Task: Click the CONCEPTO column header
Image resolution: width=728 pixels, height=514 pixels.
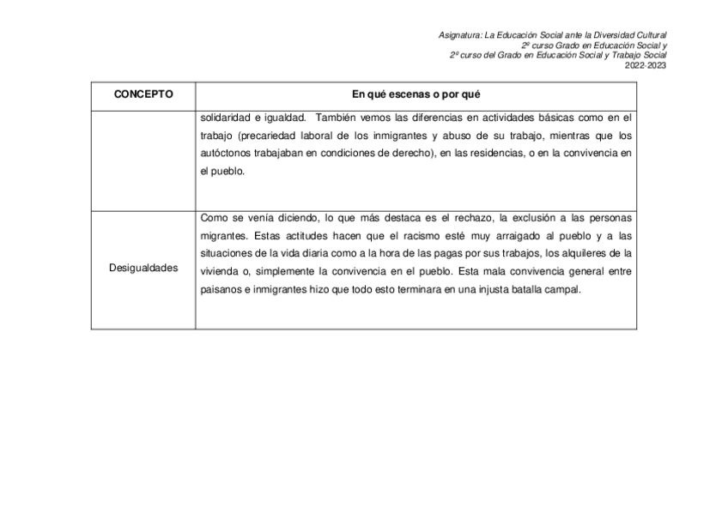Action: point(143,94)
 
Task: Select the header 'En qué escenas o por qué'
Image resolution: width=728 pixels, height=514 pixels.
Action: point(416,94)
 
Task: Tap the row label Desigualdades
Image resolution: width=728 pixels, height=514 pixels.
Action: point(143,268)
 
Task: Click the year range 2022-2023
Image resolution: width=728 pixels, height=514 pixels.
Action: point(646,65)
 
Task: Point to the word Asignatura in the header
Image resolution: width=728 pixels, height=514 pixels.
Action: point(459,34)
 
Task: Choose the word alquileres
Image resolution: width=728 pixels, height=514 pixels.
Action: point(582,253)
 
